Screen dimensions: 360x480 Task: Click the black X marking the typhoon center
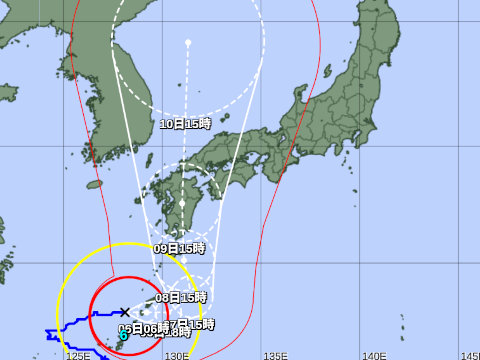(123, 312)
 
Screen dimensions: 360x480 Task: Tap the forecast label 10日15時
(185, 124)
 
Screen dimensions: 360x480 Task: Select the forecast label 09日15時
(179, 248)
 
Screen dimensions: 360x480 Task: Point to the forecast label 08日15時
(181, 297)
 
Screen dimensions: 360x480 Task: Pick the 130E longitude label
(177, 355)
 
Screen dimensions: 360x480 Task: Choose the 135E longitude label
(275, 355)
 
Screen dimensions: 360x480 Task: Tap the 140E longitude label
(374, 355)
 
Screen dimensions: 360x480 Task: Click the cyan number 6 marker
(123, 335)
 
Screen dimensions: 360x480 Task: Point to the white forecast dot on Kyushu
(182, 203)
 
